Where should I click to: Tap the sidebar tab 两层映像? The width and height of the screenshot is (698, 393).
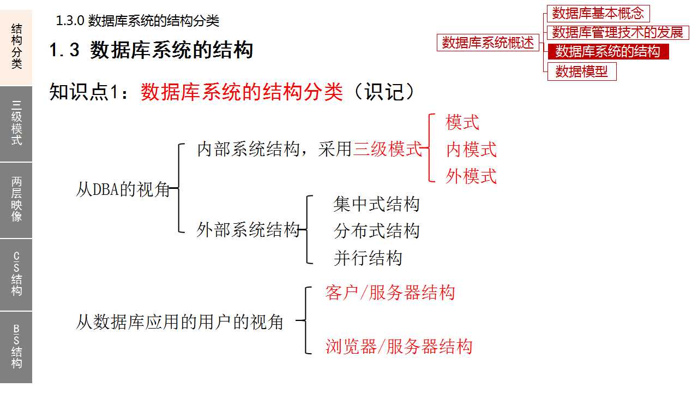(16, 199)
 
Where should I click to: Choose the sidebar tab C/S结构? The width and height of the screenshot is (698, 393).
(16, 274)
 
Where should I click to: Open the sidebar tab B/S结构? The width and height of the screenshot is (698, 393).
(16, 347)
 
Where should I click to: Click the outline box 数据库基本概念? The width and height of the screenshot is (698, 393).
(598, 13)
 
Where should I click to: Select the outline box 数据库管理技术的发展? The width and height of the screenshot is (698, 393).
(617, 32)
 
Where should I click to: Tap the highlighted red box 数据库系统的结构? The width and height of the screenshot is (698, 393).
(607, 52)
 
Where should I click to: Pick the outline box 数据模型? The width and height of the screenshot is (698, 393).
(581, 72)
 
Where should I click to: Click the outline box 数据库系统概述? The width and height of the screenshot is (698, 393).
(488, 43)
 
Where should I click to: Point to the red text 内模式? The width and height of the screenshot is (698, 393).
(471, 149)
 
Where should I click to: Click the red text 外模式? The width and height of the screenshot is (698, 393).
(471, 176)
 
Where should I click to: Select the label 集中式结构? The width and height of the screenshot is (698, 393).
(376, 205)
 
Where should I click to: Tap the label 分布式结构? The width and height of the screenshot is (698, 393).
(376, 231)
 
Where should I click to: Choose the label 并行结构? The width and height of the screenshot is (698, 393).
(368, 258)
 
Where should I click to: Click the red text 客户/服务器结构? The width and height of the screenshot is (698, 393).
(390, 293)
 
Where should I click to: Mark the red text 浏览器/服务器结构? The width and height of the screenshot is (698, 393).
(399, 347)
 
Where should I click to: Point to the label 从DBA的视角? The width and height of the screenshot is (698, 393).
(123, 190)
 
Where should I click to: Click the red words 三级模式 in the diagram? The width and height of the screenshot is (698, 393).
(387, 149)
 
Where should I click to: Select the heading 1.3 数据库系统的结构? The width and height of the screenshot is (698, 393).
(151, 50)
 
